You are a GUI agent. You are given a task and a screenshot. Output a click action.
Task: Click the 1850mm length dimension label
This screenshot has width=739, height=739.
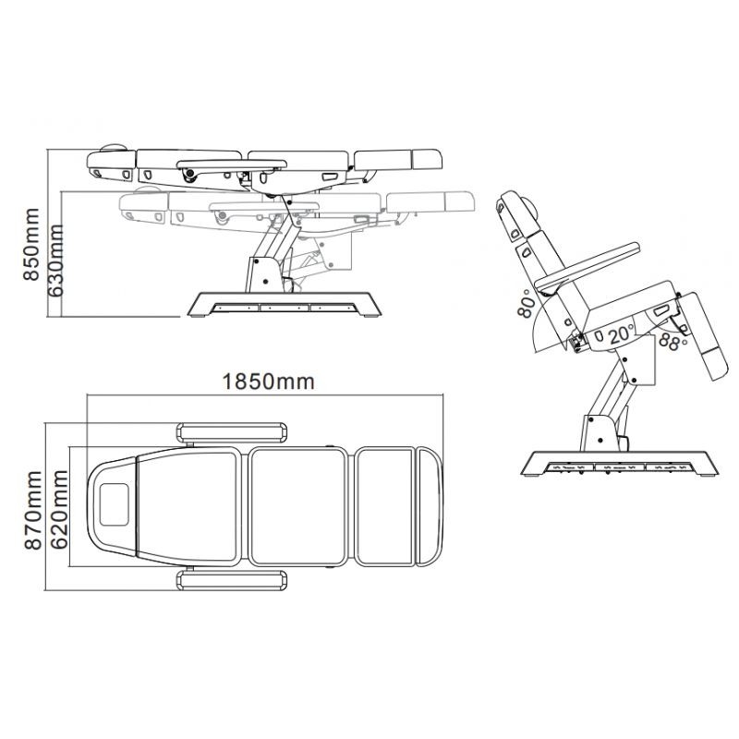(x=268, y=382)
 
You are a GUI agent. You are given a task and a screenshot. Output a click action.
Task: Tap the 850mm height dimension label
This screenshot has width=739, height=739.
(x=31, y=244)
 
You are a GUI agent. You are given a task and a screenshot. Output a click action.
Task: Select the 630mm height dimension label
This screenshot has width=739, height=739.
(x=56, y=260)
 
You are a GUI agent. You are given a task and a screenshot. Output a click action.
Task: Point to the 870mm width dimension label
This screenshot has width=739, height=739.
(x=33, y=510)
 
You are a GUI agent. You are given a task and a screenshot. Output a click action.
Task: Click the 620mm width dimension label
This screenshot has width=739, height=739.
(x=59, y=510)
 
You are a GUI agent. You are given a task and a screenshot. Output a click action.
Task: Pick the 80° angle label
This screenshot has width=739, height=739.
(x=527, y=303)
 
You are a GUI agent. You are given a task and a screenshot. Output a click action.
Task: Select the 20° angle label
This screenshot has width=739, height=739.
(x=621, y=334)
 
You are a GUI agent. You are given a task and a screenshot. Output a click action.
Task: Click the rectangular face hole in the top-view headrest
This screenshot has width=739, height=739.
(x=114, y=504)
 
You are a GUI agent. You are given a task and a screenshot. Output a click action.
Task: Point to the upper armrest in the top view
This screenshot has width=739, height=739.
(x=232, y=433)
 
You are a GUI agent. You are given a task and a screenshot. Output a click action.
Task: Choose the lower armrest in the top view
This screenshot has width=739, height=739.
(x=232, y=580)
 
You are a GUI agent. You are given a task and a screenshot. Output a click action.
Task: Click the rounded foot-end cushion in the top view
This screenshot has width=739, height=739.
(x=430, y=506)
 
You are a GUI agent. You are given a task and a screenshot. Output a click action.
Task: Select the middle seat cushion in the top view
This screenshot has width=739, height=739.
(x=297, y=506)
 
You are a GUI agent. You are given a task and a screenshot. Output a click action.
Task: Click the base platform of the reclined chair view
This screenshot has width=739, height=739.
(x=619, y=464)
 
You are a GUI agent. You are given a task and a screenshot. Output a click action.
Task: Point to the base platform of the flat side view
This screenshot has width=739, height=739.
(x=285, y=304)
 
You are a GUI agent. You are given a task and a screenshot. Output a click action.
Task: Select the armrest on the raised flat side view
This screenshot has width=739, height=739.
(x=232, y=164)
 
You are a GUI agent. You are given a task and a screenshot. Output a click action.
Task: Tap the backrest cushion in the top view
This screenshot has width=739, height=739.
(x=188, y=506)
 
